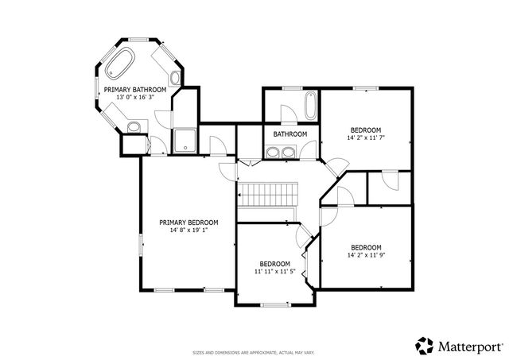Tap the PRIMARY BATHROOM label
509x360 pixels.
[135, 90]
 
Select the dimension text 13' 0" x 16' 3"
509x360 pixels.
[135, 98]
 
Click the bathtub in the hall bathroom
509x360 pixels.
[309, 104]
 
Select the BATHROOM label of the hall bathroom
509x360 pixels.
[290, 134]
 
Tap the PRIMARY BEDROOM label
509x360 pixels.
[188, 223]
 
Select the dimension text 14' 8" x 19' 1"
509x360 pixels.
[188, 230]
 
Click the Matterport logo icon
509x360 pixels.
[425, 346]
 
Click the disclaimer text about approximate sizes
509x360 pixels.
[254, 352]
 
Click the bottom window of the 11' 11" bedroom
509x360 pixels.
[274, 305]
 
